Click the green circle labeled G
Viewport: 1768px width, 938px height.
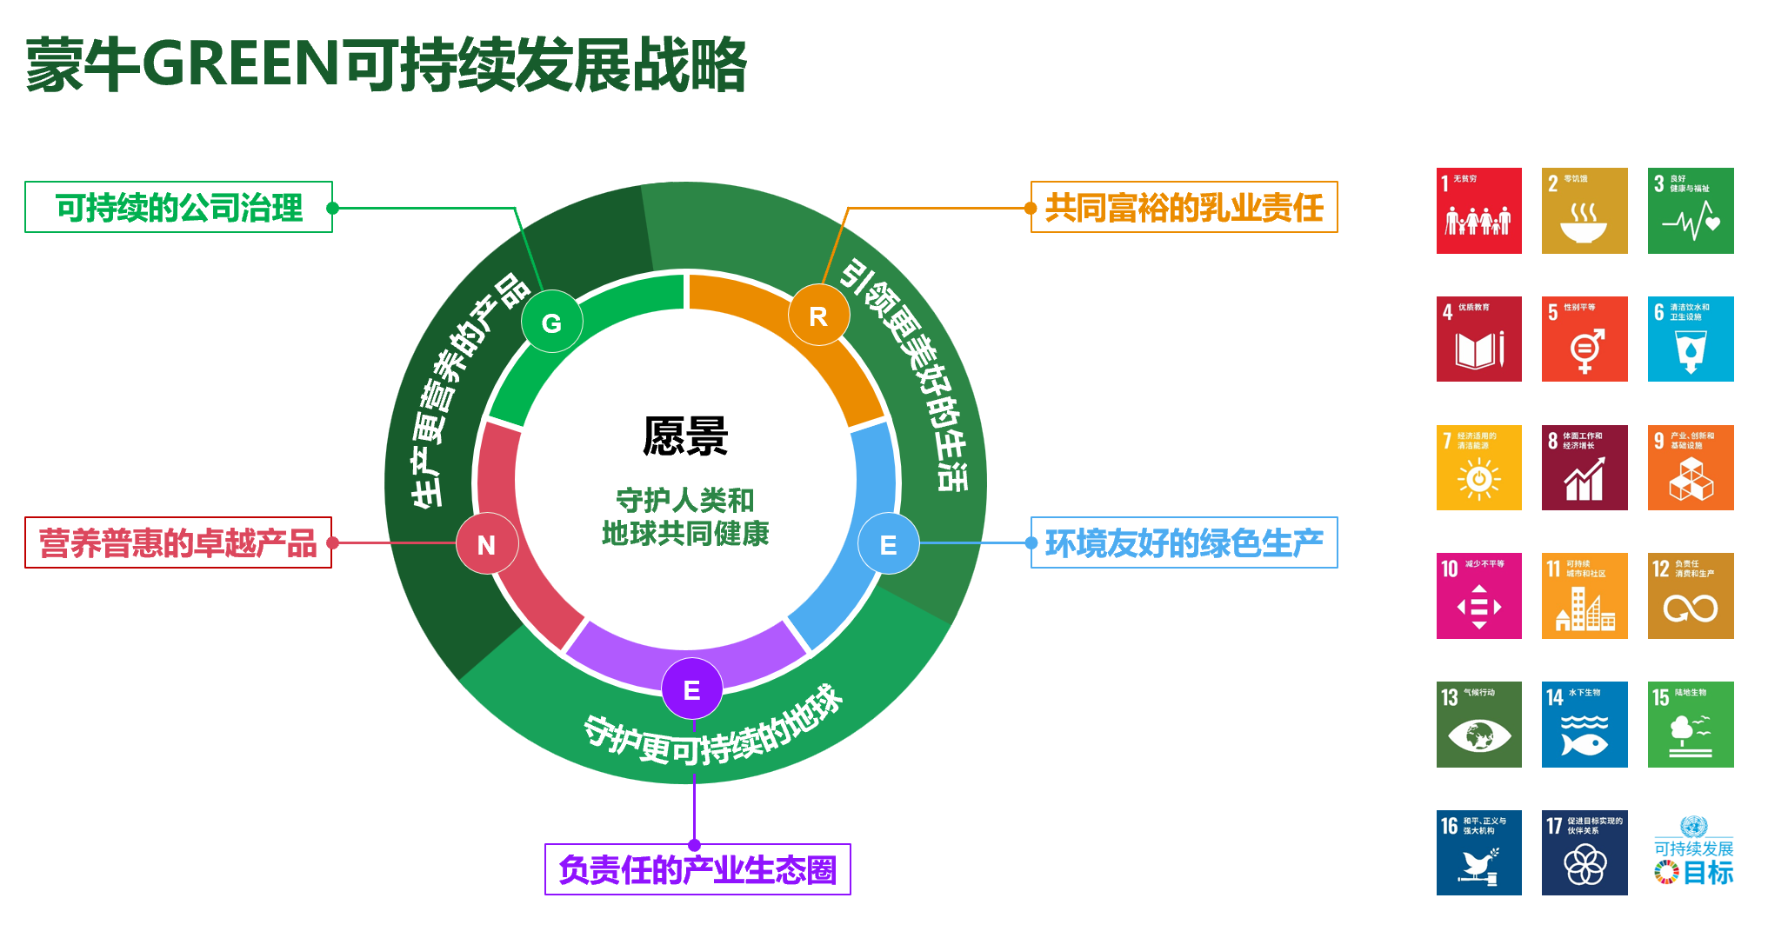[x=551, y=323]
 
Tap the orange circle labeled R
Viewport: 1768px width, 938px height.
[x=818, y=316]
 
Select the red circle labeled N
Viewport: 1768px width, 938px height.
[x=487, y=543]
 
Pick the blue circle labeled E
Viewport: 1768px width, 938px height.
[x=888, y=544]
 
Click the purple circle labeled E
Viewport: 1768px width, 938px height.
[x=692, y=689]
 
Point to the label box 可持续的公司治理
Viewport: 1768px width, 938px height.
[x=179, y=208]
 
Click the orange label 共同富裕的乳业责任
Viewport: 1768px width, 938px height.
[x=1184, y=208]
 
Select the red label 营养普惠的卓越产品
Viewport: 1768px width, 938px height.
[x=178, y=543]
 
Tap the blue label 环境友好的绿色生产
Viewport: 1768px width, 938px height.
[x=1184, y=543]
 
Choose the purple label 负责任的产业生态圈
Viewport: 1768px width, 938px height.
[x=697, y=869]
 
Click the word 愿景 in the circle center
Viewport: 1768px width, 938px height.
[x=685, y=436]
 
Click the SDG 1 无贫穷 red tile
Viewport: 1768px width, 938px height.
[x=1478, y=210]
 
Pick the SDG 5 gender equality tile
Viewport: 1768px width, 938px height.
[x=1585, y=339]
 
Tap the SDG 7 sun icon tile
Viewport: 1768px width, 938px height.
[x=1478, y=468]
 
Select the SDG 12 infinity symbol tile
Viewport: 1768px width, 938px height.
[x=1691, y=596]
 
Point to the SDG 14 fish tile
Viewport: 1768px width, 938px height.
[x=1585, y=724]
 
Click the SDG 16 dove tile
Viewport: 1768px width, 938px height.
[x=1478, y=853]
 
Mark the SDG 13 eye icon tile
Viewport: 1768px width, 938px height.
[x=1478, y=724]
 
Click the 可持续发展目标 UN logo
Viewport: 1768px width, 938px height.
[x=1693, y=853]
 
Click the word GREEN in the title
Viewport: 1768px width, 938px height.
[x=240, y=64]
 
